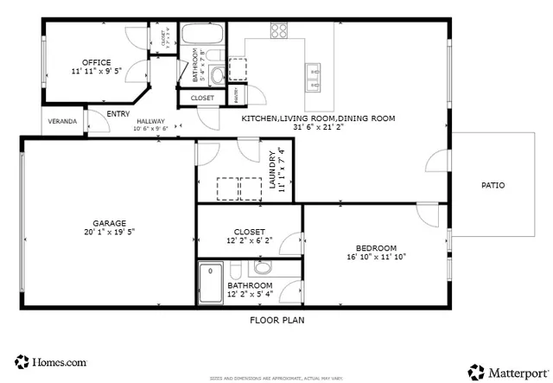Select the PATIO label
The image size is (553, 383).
(x=493, y=185)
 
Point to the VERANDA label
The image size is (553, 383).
(x=61, y=122)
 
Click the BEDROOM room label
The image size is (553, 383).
(x=376, y=247)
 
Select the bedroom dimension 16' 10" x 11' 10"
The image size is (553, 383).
(x=376, y=257)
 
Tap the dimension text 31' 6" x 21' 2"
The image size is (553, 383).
(x=319, y=128)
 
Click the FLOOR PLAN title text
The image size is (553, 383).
(x=276, y=319)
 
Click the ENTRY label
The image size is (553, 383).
(x=118, y=113)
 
